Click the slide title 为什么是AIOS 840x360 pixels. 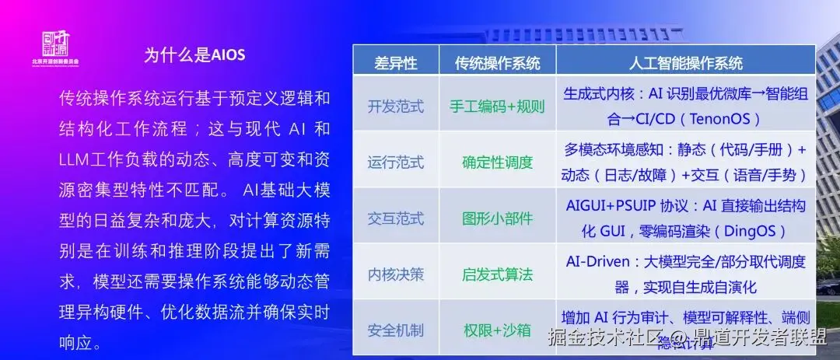194,54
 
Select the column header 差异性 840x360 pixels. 396,63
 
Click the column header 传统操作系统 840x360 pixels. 497,63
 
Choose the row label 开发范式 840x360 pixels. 395,107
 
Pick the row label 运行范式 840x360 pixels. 395,163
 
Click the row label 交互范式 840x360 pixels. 395,218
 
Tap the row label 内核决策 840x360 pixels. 395,274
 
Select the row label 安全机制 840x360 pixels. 395,330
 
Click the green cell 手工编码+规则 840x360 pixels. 497,107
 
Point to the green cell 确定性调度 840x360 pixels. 497,163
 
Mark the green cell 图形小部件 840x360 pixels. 497,218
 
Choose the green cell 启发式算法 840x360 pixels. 497,274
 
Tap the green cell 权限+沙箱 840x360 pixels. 497,330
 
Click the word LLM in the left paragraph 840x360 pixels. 75,159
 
